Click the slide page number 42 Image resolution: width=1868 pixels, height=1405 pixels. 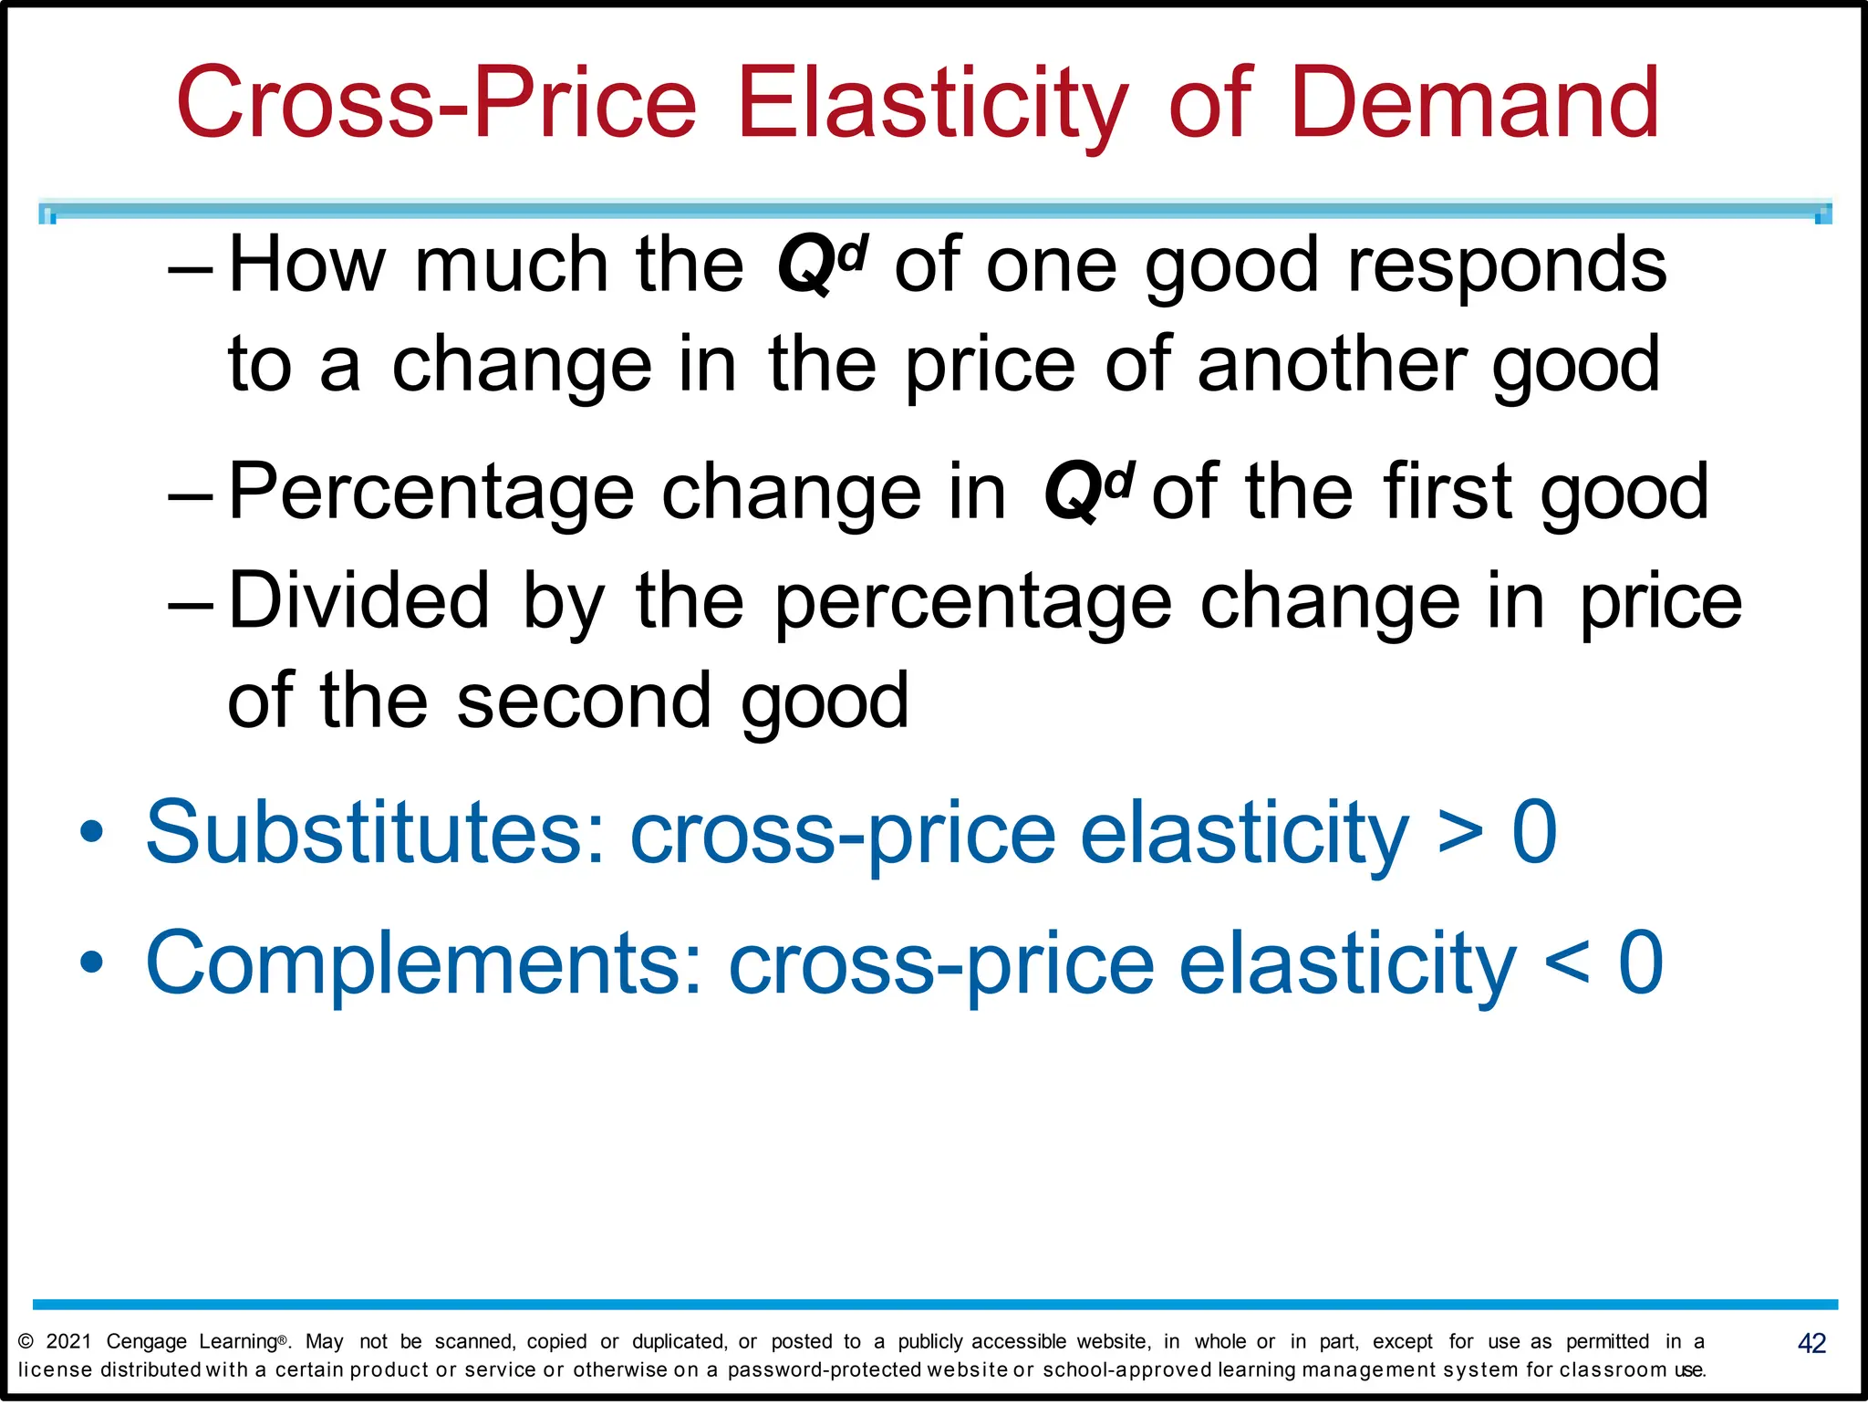pos(1811,1343)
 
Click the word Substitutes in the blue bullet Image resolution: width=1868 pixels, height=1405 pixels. pos(375,832)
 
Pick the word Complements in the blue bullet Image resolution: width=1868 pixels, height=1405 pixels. pos(424,963)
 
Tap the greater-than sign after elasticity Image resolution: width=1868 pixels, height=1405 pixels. pos(1460,832)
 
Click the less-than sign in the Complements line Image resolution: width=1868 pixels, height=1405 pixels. pos(1567,963)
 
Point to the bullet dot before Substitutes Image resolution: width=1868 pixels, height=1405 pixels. pos(91,832)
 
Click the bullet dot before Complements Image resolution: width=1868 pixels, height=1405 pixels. pos(91,963)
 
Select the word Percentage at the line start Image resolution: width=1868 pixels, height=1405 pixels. pos(431,493)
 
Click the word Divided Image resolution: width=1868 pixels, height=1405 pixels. pos(358,601)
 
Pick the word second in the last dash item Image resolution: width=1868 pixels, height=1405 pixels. pos(584,702)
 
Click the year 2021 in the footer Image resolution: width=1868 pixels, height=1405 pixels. pos(68,1341)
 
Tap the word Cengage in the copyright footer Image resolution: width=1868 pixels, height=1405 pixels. pos(147,1342)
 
